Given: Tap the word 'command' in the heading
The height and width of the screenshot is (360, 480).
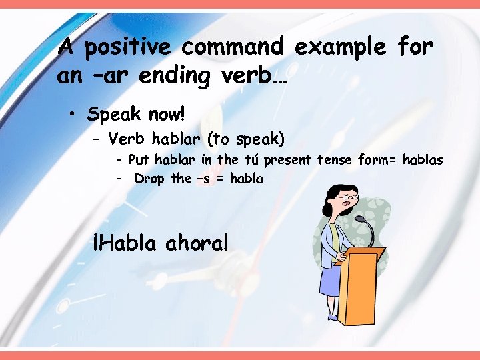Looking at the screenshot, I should pyautogui.click(x=233, y=48).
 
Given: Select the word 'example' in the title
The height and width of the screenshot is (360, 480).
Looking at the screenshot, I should pyautogui.click(x=341, y=48).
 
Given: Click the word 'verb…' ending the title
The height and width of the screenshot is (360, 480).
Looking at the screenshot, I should pyautogui.click(x=256, y=76).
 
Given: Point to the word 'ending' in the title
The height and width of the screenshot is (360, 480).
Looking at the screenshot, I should pyautogui.click(x=173, y=76).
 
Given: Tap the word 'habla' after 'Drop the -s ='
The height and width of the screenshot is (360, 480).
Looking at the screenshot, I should pyautogui.click(x=245, y=179).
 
